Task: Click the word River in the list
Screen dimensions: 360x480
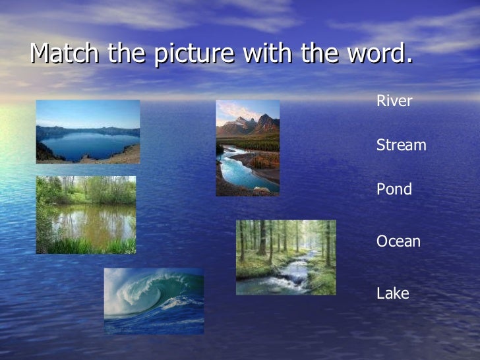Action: click(394, 102)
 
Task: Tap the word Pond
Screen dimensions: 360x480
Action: click(394, 190)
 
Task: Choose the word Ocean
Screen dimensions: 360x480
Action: click(398, 242)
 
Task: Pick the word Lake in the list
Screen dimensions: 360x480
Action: click(392, 293)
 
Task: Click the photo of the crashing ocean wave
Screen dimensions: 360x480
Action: click(154, 300)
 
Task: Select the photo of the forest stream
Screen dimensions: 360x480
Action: click(285, 257)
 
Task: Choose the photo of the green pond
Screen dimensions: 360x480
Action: click(86, 214)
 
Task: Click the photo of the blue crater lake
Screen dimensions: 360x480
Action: click(88, 131)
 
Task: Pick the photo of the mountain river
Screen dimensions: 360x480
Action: click(247, 148)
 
